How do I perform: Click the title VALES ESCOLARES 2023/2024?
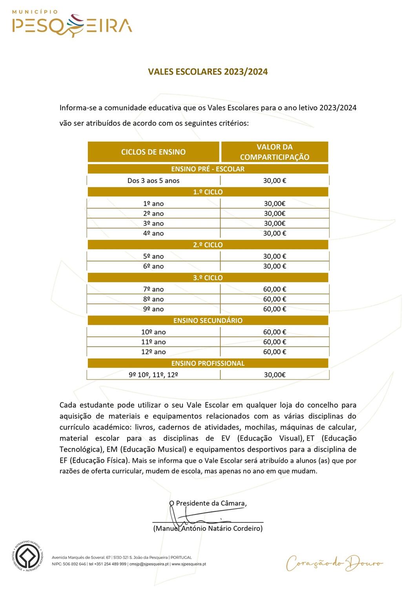[208, 71]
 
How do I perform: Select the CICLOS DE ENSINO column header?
[153, 152]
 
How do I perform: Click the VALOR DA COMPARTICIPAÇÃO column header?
[274, 152]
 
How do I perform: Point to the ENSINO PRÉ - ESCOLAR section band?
[208, 169]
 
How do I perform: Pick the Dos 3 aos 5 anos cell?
[153, 181]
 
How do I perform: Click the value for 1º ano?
[274, 203]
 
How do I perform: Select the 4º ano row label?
[153, 233]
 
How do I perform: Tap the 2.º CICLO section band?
[208, 245]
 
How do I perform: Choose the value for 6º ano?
[274, 266]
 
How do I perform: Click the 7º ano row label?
[153, 289]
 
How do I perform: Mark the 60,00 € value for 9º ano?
[274, 309]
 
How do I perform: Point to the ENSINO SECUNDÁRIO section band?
[208, 320]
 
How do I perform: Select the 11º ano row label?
[153, 342]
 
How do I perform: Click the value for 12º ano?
[274, 352]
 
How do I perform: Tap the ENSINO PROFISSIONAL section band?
[208, 363]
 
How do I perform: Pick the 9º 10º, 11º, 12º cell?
[153, 375]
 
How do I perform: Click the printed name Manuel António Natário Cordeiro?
[208, 529]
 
